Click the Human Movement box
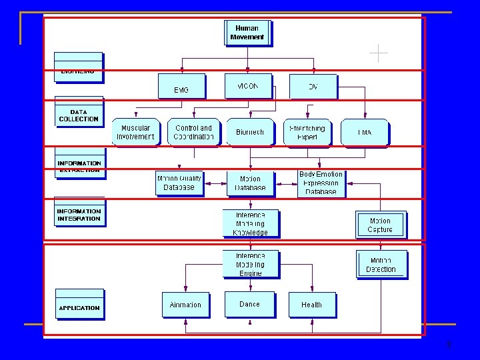[247, 33]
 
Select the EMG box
[181, 87]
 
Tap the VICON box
[247, 86]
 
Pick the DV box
[313, 87]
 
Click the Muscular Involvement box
[135, 132]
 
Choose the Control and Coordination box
[193, 132]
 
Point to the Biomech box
[250, 132]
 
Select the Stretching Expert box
[307, 132]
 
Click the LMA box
[364, 132]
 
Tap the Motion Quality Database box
[179, 183]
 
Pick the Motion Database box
[250, 183]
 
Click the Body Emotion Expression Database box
[321, 183]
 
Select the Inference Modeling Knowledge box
[250, 224]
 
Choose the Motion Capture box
[380, 225]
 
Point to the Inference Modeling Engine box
[250, 264]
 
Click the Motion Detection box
[381, 265]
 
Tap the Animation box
[185, 305]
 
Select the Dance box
[249, 304]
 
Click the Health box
[312, 305]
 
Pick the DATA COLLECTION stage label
[79, 115]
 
